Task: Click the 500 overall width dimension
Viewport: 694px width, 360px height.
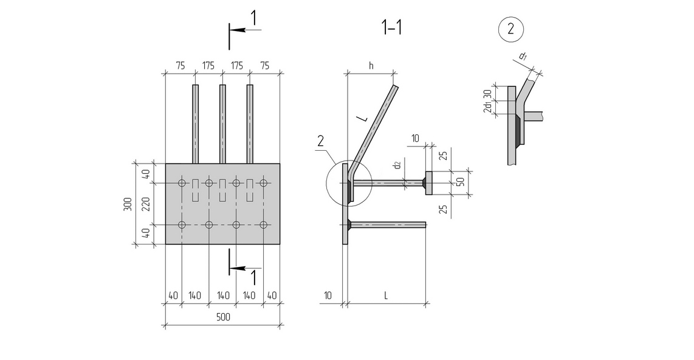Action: pyautogui.click(x=223, y=317)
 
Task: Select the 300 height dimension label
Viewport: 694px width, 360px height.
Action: pyautogui.click(x=128, y=204)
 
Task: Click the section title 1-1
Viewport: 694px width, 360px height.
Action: pyautogui.click(x=392, y=28)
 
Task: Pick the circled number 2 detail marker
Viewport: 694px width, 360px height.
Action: pyautogui.click(x=511, y=29)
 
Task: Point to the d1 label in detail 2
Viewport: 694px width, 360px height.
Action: pyautogui.click(x=523, y=56)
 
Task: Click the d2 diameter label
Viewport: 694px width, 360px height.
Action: pyautogui.click(x=397, y=165)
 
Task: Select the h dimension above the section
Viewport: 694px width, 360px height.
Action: pyautogui.click(x=371, y=66)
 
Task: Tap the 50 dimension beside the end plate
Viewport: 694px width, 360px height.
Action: pyautogui.click(x=461, y=182)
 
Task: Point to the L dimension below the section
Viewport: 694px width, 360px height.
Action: pyautogui.click(x=386, y=296)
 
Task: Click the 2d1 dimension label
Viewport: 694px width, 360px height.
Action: pyautogui.click(x=487, y=108)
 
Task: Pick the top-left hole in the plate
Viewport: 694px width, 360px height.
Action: pyautogui.click(x=182, y=183)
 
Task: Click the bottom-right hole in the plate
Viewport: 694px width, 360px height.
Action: pyautogui.click(x=264, y=225)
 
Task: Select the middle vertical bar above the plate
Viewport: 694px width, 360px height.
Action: pyautogui.click(x=222, y=124)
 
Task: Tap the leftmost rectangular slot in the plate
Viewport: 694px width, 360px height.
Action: pyautogui.click(x=196, y=191)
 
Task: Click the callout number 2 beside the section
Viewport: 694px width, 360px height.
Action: pyautogui.click(x=320, y=141)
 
